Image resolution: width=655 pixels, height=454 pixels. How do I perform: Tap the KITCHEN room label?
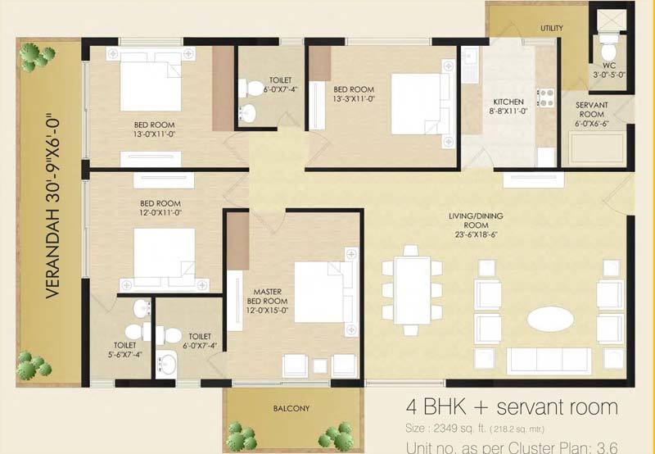(508, 102)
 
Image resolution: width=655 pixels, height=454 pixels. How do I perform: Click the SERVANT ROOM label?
(591, 110)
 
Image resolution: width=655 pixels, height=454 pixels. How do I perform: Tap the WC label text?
(609, 66)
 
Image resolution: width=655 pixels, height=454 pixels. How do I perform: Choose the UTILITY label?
(551, 28)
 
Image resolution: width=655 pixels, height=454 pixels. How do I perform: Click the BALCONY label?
(291, 408)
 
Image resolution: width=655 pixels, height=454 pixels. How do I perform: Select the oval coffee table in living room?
(550, 319)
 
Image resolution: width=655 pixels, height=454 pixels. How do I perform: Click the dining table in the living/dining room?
(412, 290)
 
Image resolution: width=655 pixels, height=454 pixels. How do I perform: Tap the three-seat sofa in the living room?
(549, 361)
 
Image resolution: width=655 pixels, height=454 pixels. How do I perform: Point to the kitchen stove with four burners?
(545, 98)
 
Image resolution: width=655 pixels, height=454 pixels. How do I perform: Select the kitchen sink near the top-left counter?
(470, 65)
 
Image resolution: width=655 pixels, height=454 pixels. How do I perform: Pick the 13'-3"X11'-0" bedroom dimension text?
(354, 99)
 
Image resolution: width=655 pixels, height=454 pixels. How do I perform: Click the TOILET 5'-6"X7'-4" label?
(125, 350)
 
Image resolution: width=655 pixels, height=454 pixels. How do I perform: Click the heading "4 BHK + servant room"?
(511, 406)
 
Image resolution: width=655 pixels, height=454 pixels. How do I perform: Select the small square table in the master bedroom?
(320, 366)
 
